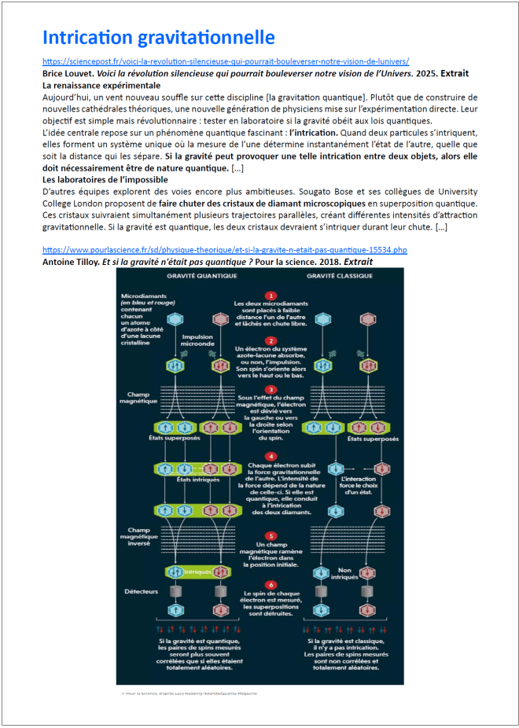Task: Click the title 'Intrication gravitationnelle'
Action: click(x=158, y=37)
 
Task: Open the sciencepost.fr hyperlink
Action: click(x=226, y=61)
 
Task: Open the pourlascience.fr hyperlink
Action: click(x=225, y=249)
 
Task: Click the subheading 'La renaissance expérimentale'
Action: click(x=101, y=85)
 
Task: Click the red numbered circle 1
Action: click(x=271, y=296)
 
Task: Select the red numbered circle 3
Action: click(x=271, y=389)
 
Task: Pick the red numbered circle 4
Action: click(x=271, y=456)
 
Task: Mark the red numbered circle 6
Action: click(x=271, y=584)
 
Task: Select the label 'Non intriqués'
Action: click(x=348, y=575)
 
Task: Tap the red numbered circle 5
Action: click(x=271, y=535)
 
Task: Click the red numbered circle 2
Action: click(x=271, y=340)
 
